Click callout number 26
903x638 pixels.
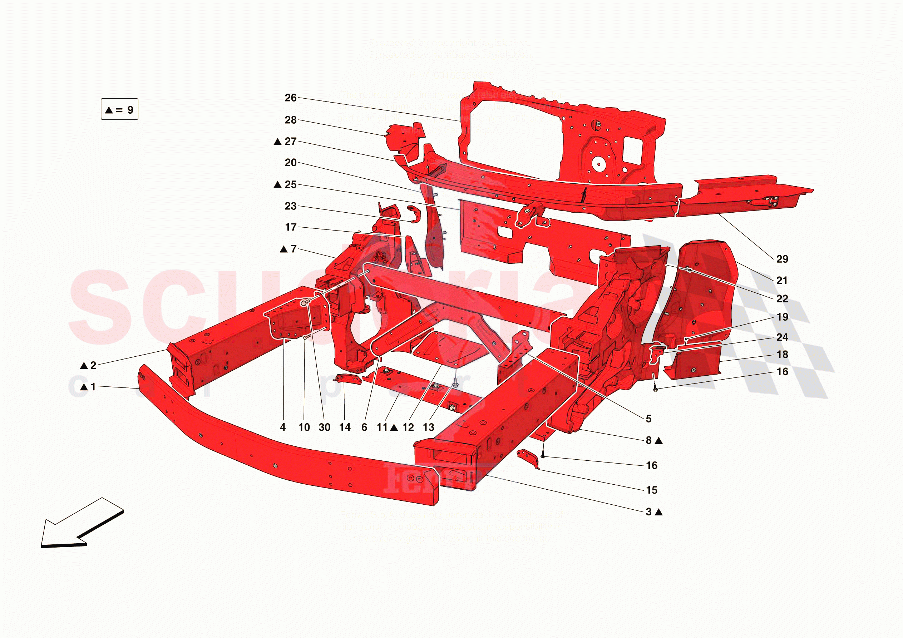click(x=290, y=98)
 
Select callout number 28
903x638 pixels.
click(x=290, y=120)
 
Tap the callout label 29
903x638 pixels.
click(x=782, y=259)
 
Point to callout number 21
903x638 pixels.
click(x=782, y=281)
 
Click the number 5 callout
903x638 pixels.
click(x=648, y=419)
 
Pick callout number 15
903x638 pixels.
click(x=652, y=490)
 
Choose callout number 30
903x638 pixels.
click(x=325, y=427)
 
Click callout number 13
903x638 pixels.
click(x=428, y=427)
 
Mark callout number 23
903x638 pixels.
click(x=290, y=206)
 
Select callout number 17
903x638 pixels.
click(x=290, y=227)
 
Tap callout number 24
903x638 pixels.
click(x=782, y=337)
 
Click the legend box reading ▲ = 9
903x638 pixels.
click(x=119, y=109)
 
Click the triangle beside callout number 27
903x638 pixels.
click(x=278, y=142)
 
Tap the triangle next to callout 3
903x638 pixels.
click(x=659, y=512)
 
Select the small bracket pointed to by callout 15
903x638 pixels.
click(x=528, y=458)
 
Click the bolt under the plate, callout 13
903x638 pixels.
click(x=455, y=383)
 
